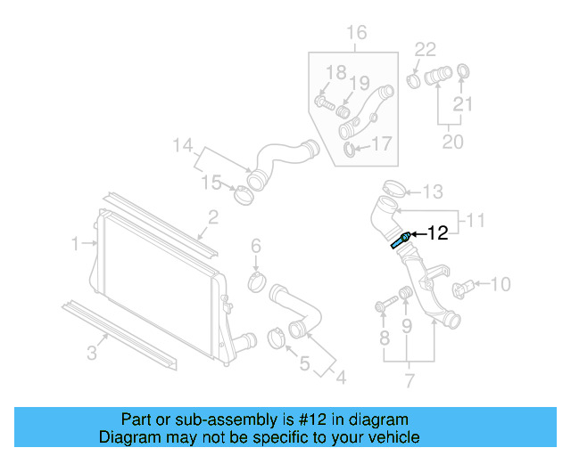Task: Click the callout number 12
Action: (x=437, y=234)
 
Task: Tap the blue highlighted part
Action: (x=400, y=240)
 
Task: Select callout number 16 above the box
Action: (x=356, y=34)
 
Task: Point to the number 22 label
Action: (x=426, y=49)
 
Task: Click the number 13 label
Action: (x=432, y=191)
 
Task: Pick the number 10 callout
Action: (x=501, y=284)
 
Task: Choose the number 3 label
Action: (x=93, y=354)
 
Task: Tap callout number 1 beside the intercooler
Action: (x=77, y=241)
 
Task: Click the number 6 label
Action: (x=255, y=245)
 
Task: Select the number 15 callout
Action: (x=210, y=183)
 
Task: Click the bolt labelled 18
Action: (x=325, y=104)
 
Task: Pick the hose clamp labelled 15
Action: (x=241, y=194)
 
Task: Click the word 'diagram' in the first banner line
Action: (x=377, y=419)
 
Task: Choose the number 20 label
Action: (x=453, y=142)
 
